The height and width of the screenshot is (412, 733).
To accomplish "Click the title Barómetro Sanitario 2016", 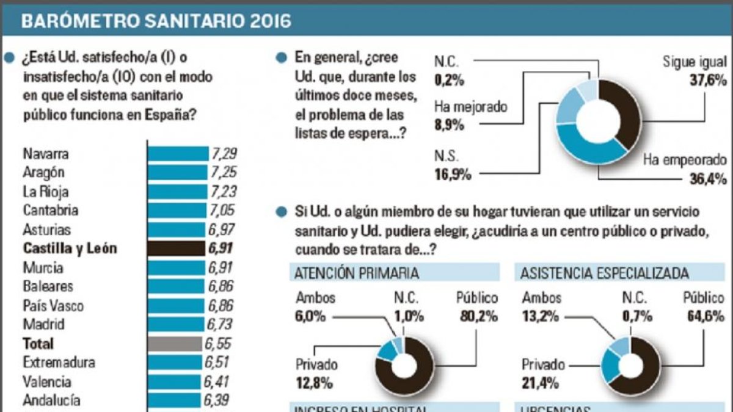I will pos(156,21).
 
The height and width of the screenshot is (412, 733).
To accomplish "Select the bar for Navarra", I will pos(178,153).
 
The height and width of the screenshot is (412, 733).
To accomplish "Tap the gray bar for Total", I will pos(174,344).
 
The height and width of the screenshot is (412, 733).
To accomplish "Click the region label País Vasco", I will pos(53,305).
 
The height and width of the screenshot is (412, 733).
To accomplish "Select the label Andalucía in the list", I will pos(51,400).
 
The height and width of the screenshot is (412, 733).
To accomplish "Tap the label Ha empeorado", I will pos(685,160).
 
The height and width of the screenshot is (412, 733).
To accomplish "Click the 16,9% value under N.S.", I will pos(453,175).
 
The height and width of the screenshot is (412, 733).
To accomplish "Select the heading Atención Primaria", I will pos(357,273).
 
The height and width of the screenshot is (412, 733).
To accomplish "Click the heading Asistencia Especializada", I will pos(604,273).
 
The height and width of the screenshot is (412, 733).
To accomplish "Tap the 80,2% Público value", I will pos(477,317).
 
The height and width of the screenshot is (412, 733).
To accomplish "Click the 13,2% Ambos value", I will pos(541,317).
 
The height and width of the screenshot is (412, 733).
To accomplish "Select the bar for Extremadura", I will pos(175,363).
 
